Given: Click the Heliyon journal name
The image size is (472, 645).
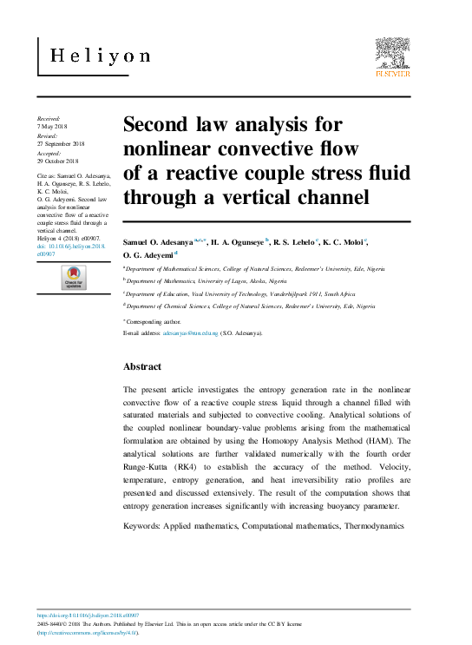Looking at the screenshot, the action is pyautogui.click(x=100, y=56).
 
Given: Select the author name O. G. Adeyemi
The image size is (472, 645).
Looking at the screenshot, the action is pyautogui.click(x=148, y=254).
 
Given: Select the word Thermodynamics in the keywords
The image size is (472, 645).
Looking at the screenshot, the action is pyautogui.click(x=374, y=526).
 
